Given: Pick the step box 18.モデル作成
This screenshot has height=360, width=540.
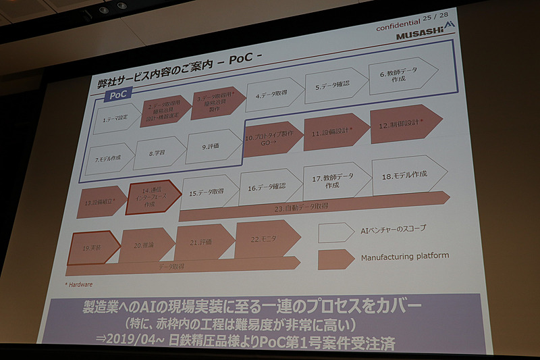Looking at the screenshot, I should [409, 175].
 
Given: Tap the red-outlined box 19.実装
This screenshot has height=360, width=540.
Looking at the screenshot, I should [92, 248].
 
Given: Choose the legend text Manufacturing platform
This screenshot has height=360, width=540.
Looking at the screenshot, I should [404, 257].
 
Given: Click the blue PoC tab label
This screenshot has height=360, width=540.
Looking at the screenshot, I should [118, 95].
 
